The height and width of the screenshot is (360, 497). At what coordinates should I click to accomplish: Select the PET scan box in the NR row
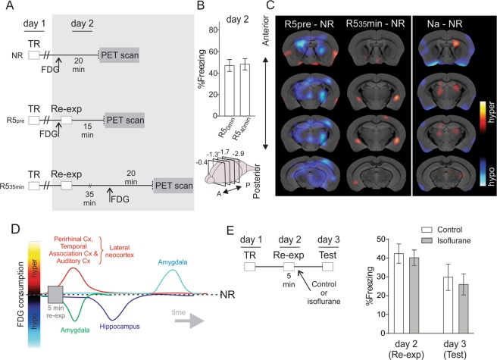[x=124, y=55]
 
